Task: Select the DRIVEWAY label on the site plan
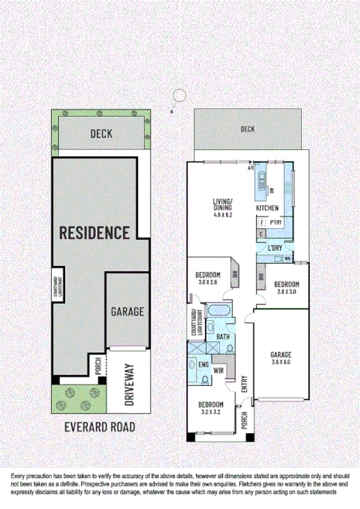pos(130,384)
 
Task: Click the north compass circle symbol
pos(180,95)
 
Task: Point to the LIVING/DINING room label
pos(225,206)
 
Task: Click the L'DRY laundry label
pos(274,248)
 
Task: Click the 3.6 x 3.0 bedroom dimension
pos(286,292)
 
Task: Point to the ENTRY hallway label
pos(245,384)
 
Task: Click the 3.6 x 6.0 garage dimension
pos(280,361)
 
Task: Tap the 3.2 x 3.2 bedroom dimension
pos(211,413)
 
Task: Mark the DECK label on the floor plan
pos(247,129)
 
